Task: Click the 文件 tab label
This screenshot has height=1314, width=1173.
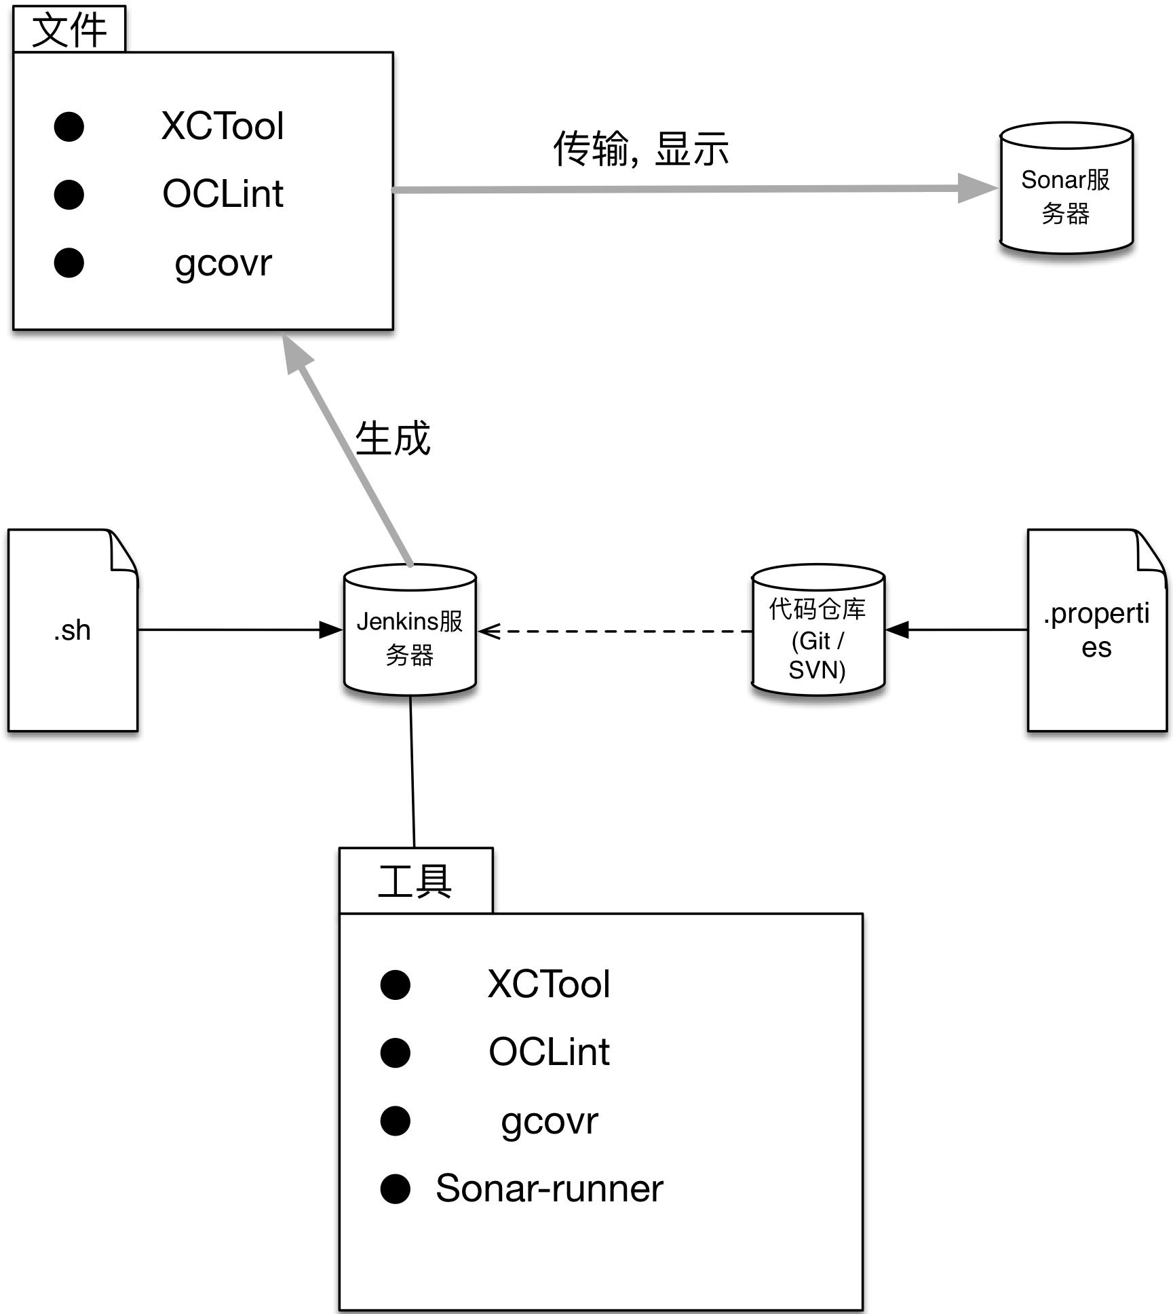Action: click(x=69, y=30)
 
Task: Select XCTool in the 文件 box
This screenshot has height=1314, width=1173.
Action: click(x=223, y=126)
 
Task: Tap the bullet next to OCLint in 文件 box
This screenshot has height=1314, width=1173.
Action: click(x=69, y=195)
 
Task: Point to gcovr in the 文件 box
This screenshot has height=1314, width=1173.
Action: click(x=223, y=263)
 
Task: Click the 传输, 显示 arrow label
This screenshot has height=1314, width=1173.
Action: click(x=640, y=149)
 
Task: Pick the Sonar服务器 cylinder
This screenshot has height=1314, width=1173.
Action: click(x=1066, y=190)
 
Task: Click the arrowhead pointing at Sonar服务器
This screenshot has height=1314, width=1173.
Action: click(x=977, y=188)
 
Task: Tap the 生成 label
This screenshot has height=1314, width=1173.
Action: click(x=392, y=438)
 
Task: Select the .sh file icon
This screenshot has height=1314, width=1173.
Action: click(x=73, y=630)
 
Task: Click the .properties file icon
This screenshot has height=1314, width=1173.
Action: click(x=1096, y=630)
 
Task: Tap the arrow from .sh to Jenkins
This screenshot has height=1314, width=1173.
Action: click(x=237, y=630)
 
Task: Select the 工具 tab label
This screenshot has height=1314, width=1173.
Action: click(x=415, y=881)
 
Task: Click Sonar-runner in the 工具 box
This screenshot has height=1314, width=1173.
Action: click(x=549, y=1189)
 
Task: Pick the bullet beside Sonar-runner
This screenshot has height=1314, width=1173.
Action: click(x=395, y=1189)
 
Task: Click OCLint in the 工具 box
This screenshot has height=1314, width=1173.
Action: click(x=549, y=1052)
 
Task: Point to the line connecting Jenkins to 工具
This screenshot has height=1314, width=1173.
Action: click(x=412, y=772)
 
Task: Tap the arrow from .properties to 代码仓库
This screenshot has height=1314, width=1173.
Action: click(x=957, y=630)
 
